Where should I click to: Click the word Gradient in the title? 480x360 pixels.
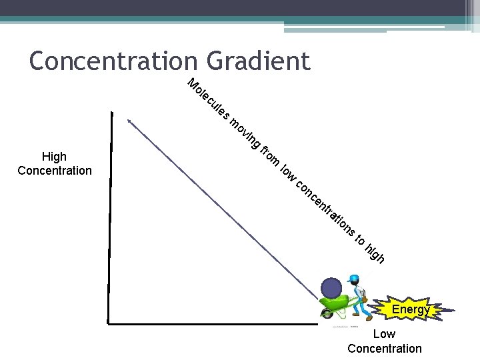click(x=258, y=61)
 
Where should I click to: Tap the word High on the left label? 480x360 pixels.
click(x=54, y=157)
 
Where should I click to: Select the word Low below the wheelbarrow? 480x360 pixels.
click(x=384, y=334)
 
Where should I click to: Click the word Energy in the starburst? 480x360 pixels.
click(x=411, y=309)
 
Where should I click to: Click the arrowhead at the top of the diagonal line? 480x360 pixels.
click(x=130, y=121)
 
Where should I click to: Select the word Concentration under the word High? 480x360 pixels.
click(x=55, y=171)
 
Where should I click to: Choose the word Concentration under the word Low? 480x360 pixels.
click(x=385, y=348)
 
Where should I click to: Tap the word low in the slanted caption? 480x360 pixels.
click(x=288, y=172)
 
